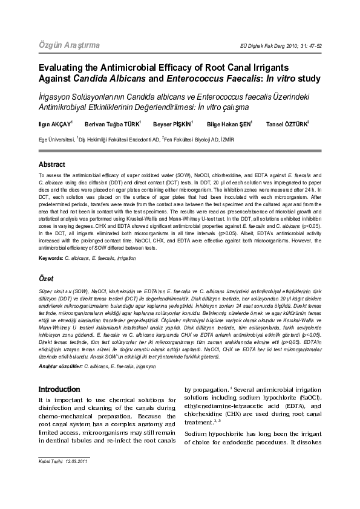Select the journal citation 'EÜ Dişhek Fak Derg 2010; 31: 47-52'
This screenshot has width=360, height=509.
[281, 47]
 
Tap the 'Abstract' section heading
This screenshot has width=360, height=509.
[51, 164]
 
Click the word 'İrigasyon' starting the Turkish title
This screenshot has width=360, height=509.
[59, 96]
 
